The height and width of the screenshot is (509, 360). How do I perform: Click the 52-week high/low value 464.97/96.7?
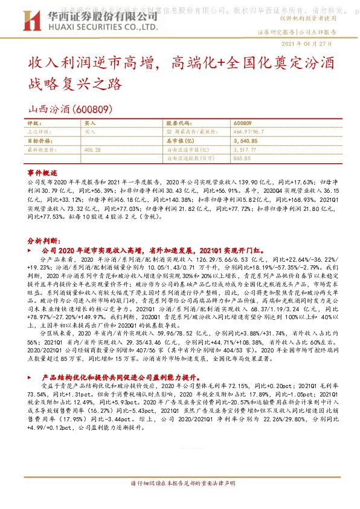tap(249, 131)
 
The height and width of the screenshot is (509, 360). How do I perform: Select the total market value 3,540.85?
tap(244, 140)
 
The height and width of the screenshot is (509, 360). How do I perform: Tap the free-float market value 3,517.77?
tap(244, 149)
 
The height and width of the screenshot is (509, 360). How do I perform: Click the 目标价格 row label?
tap(37, 140)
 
